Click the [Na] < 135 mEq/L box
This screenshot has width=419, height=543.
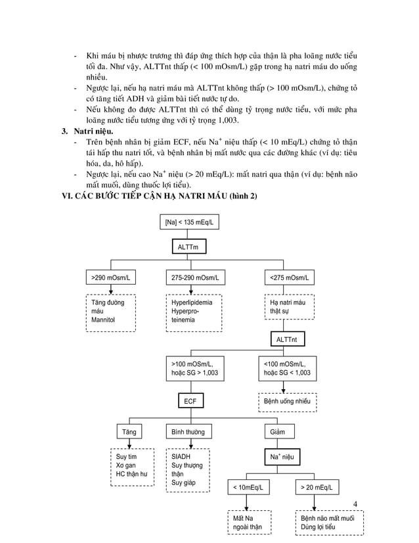point(189,223)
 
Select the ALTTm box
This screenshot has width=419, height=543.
point(189,247)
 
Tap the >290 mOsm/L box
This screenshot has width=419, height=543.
point(111,278)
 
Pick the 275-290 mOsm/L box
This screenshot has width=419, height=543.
point(195,278)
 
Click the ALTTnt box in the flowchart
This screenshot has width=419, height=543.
point(288,339)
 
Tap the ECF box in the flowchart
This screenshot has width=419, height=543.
point(189,400)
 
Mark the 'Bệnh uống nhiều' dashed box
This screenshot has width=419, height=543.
point(287,400)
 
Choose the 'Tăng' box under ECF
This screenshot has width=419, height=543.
point(130,432)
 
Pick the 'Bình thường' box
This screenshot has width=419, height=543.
point(188,432)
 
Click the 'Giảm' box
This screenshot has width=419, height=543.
point(278,432)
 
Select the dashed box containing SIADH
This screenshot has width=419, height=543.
point(188,469)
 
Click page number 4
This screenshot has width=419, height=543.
point(355,504)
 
